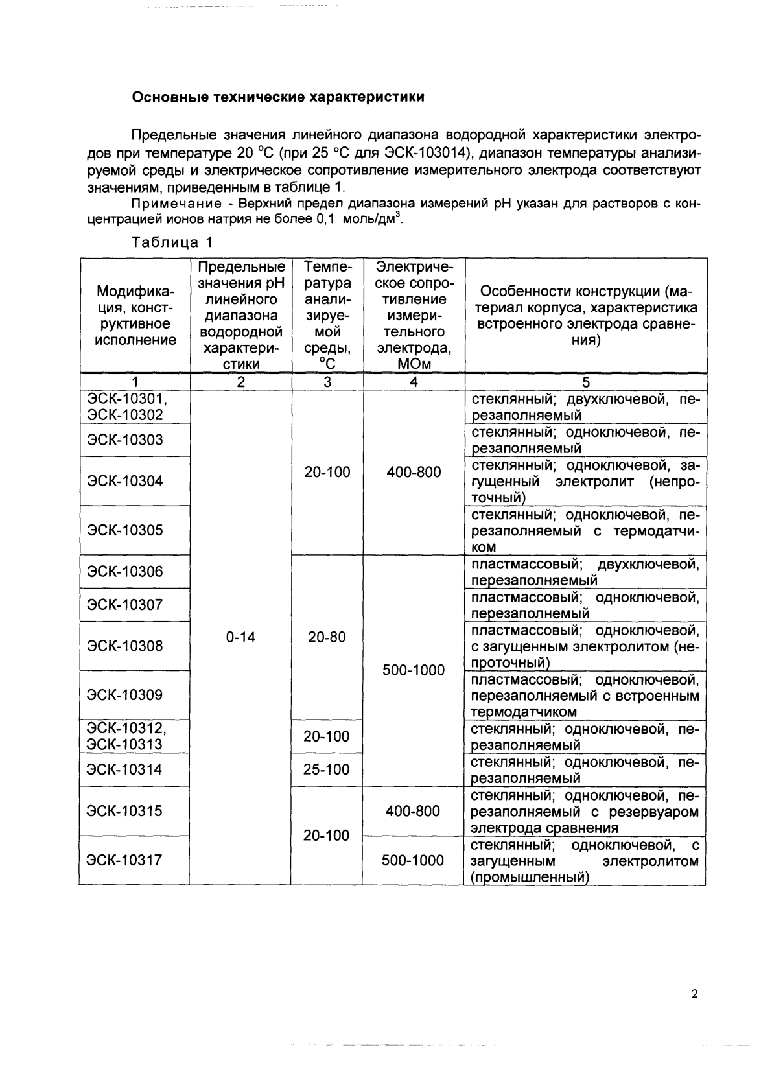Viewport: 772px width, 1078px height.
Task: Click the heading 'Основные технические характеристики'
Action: [x=278, y=98]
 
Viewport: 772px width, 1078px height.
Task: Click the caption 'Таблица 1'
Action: [x=172, y=242]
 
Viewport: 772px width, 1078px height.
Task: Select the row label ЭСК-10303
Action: [x=125, y=440]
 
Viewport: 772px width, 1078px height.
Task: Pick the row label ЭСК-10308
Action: [x=125, y=646]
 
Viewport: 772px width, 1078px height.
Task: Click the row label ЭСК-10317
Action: [x=125, y=860]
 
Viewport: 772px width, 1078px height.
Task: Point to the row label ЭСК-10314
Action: [x=125, y=769]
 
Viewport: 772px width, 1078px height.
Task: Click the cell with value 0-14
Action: [x=240, y=637]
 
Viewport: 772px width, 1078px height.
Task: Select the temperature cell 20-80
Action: [x=327, y=637]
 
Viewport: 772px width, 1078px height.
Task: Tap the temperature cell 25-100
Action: [x=327, y=769]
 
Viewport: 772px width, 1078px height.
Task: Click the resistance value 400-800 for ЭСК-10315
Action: [x=413, y=811]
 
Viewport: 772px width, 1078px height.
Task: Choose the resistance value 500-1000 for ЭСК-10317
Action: [x=413, y=860]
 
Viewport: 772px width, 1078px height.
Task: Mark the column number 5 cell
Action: [x=585, y=382]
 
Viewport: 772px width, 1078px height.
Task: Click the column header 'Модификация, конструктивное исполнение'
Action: [x=135, y=315]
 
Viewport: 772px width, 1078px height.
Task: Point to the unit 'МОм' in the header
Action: [x=414, y=364]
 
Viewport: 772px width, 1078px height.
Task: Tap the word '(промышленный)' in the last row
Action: [x=530, y=878]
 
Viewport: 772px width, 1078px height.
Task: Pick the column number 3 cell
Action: [x=327, y=382]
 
